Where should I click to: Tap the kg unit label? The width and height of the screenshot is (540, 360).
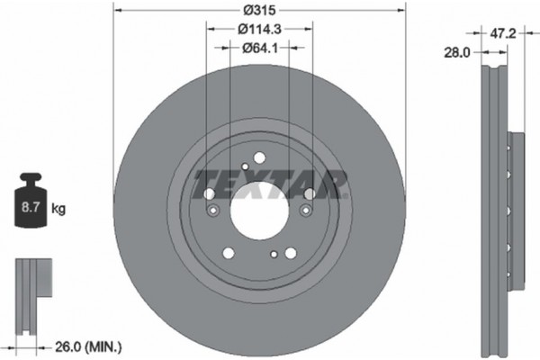tap(58, 209)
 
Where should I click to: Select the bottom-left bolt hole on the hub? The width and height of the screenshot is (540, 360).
tap(228, 253)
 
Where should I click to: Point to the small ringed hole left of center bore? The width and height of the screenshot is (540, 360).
tap(214, 211)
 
